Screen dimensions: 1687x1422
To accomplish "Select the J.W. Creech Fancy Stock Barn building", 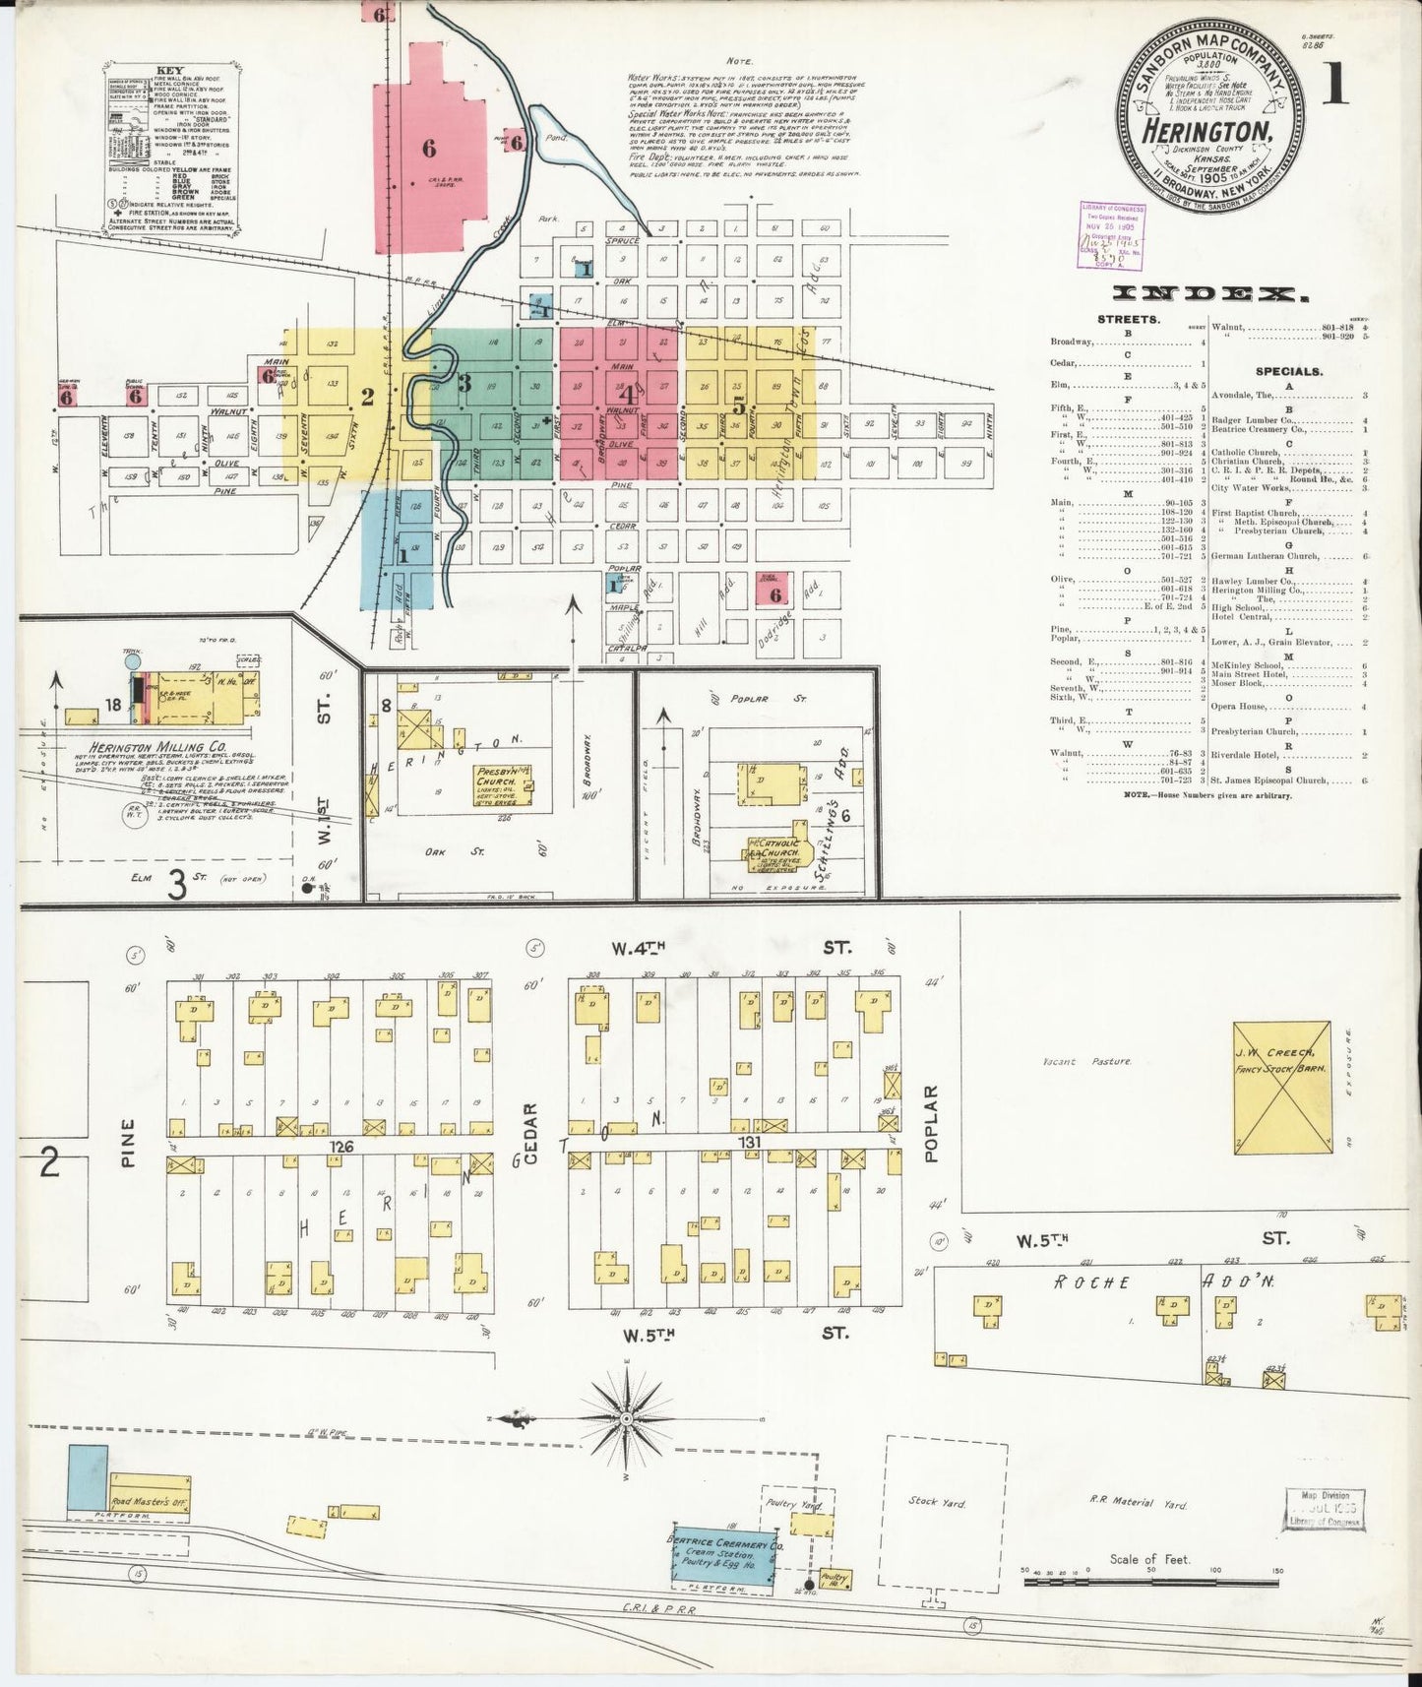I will tap(1281, 1087).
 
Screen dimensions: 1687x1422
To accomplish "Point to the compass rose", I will tap(626, 1418).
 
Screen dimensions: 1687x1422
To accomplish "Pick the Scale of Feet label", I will tap(1149, 1559).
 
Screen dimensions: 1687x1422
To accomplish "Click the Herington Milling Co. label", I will tap(157, 747).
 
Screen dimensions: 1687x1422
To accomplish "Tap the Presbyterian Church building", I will tap(503, 781).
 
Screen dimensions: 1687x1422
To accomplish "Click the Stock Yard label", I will tap(938, 1503).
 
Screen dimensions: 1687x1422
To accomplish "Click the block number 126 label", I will tap(341, 1147).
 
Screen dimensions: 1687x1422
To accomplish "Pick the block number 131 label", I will tap(750, 1142).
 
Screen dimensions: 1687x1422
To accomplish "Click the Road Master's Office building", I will tap(150, 1501).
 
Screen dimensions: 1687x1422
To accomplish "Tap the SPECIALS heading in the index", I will tap(1288, 372).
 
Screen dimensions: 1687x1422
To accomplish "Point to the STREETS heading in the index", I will tap(1127, 320).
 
